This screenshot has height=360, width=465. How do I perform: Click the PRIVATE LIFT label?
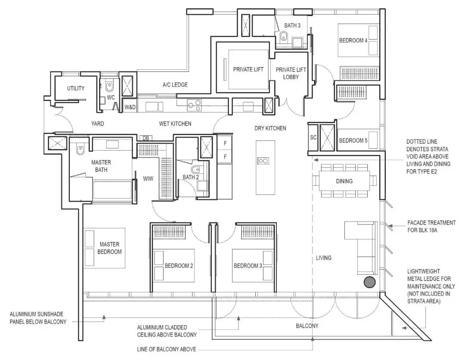248,70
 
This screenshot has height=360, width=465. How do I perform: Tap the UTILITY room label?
76,88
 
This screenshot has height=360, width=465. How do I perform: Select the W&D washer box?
130,107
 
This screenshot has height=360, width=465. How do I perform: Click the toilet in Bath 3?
284,37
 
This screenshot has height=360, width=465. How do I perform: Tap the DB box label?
146,138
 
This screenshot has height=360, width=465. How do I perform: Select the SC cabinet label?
313,138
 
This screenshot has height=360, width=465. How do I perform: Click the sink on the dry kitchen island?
263,161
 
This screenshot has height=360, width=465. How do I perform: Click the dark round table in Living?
369,282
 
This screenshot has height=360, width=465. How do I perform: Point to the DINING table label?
344,181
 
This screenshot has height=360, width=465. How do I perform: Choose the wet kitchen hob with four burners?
194,106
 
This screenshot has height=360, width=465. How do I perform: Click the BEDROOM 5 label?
353,141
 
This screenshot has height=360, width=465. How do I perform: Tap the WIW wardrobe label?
148,178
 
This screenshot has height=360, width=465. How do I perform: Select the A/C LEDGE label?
175,85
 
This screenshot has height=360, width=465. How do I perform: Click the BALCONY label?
307,326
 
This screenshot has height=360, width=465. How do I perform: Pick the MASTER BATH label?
101,166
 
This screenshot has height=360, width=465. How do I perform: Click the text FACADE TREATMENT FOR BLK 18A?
431,226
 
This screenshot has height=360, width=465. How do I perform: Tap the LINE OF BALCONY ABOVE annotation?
166,349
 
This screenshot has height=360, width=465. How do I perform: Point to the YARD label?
97,123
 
